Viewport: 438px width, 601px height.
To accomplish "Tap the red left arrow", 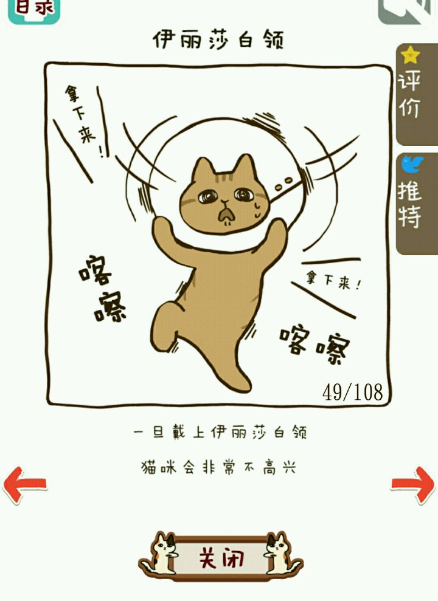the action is (24, 484).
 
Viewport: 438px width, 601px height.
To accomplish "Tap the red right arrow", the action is (413, 484).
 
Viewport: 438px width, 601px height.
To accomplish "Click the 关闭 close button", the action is (221, 557).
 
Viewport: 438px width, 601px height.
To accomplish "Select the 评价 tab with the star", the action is (417, 94).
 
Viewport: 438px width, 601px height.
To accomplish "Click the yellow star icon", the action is (411, 55).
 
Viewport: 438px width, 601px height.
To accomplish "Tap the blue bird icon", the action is (412, 165).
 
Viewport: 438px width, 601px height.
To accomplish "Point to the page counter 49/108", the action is (352, 392).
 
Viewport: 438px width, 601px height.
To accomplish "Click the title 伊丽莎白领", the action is (218, 39).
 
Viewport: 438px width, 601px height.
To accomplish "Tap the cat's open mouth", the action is (226, 215).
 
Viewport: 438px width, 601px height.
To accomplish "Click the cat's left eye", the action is (208, 197).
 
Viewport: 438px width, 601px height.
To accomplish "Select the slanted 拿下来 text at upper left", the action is (83, 120).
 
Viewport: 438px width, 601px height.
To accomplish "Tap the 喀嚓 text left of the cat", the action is (102, 289).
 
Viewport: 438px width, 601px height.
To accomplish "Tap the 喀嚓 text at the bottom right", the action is (315, 344).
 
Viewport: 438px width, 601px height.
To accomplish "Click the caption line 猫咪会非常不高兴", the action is (218, 468).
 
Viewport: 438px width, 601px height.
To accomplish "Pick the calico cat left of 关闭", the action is (161, 554).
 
